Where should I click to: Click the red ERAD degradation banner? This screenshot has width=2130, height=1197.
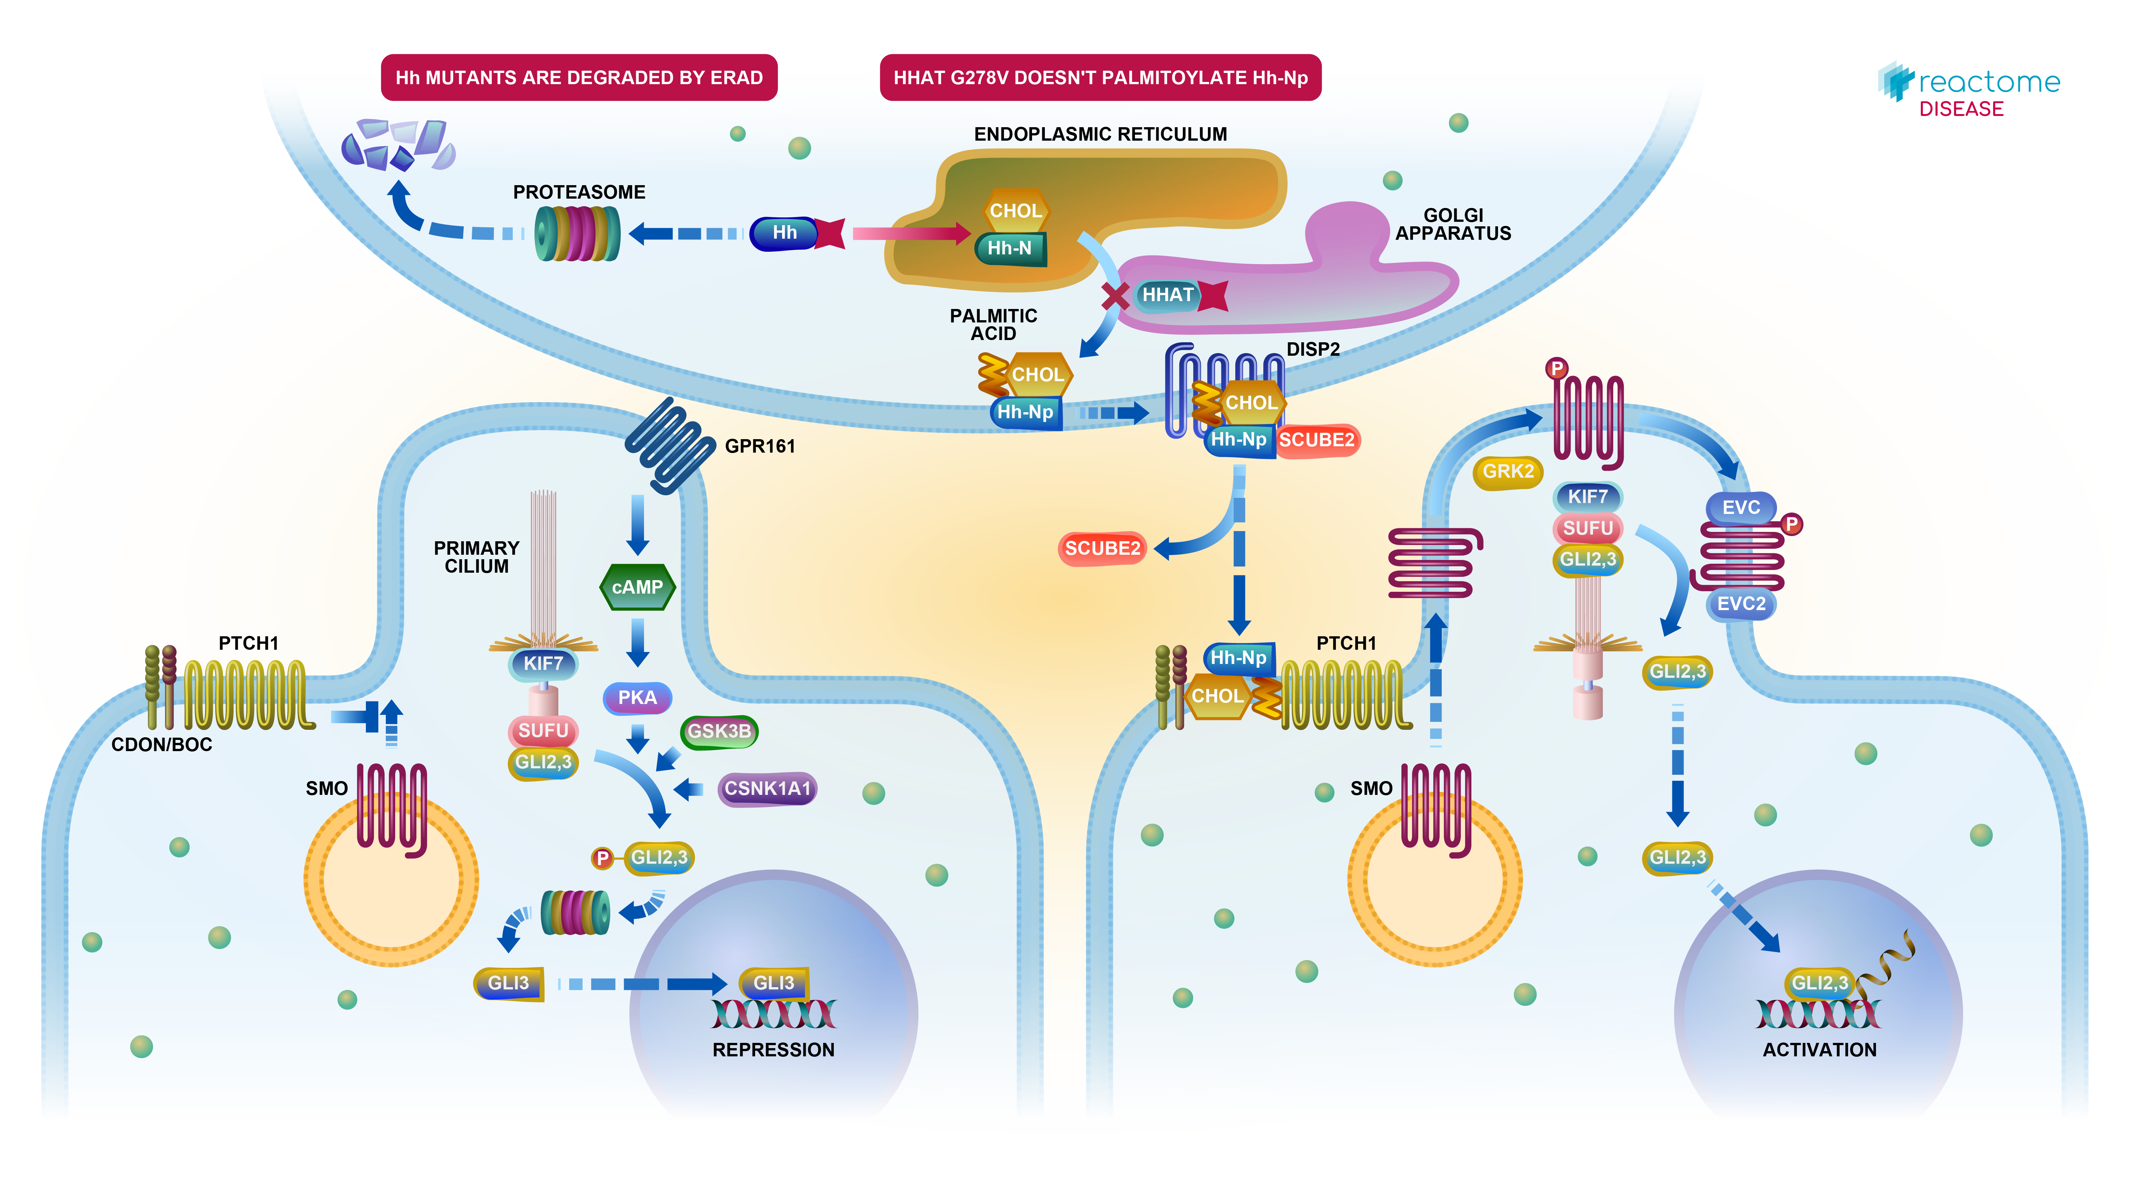pos(579,78)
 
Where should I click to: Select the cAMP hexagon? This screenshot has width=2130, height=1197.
pos(637,587)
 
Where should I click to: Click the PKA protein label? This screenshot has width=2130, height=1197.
pos(637,698)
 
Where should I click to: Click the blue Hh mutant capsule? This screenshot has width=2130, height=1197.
pos(784,233)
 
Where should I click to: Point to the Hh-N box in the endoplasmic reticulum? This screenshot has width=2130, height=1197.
pos(1010,248)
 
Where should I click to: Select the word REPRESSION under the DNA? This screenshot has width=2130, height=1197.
pos(773,1050)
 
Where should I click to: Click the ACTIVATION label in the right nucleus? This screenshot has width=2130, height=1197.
pos(1819,1050)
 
